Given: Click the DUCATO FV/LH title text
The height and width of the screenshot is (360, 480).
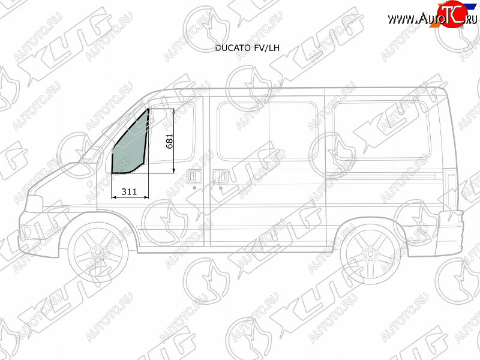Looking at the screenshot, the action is [x=247, y=48].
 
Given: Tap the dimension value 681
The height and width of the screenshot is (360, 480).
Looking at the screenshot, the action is [x=169, y=141].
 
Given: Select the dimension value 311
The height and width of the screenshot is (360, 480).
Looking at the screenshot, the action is [x=129, y=191].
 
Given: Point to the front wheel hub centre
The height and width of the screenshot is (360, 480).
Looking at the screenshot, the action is [x=98, y=253].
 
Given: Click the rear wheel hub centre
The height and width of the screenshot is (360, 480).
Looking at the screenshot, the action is [x=370, y=254].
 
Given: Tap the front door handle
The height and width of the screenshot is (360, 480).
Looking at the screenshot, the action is [x=194, y=177].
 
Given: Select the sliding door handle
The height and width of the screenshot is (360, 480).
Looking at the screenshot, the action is [x=221, y=177].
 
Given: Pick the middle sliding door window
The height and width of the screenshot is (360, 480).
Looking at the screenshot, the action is [x=267, y=131].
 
